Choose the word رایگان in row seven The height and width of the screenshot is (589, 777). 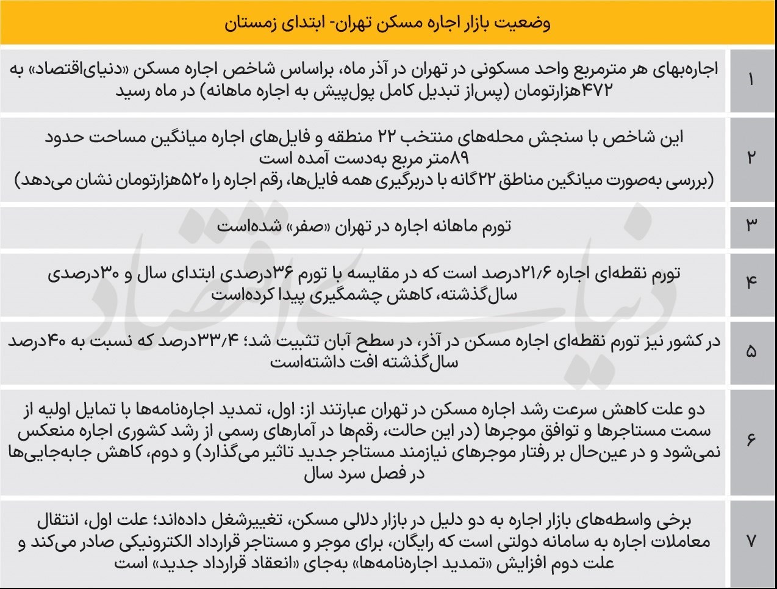click(x=420, y=541)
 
